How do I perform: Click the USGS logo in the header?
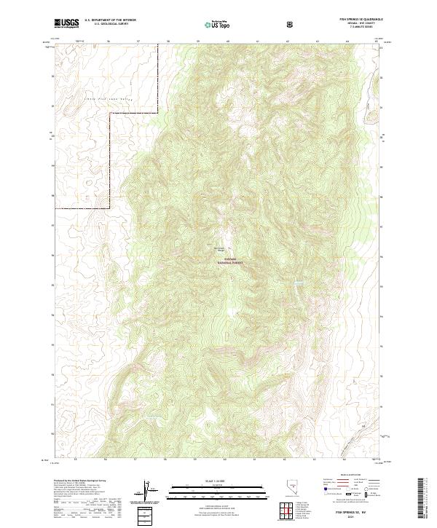[x=67, y=23]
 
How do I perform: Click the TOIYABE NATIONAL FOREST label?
[x=227, y=260]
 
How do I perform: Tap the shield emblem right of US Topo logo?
[x=291, y=24]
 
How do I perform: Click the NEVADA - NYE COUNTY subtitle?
[x=361, y=23]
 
